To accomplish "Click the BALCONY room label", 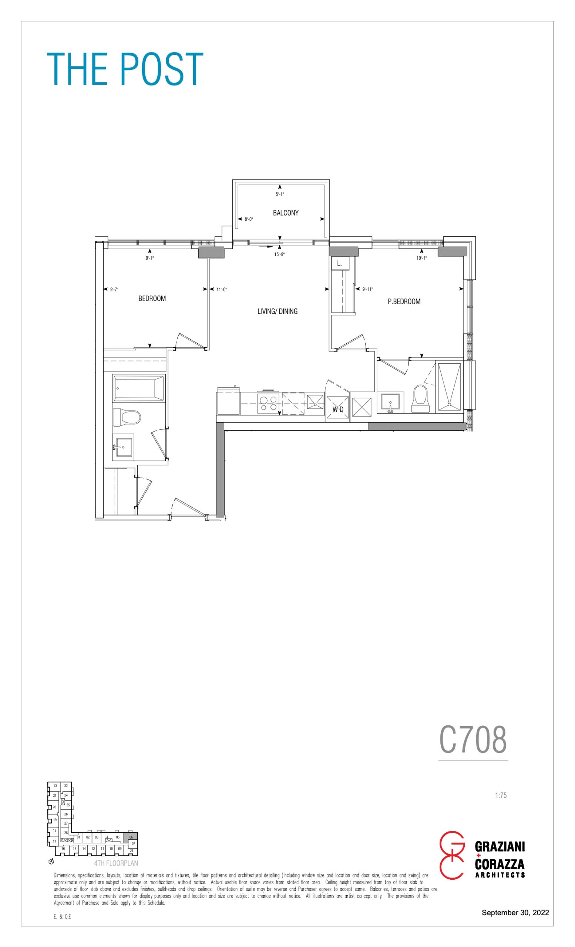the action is (x=286, y=213).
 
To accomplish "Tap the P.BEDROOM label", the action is (x=404, y=302).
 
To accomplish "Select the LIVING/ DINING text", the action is (x=278, y=311).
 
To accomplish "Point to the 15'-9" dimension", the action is (x=279, y=255).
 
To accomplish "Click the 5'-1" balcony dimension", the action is (x=280, y=195).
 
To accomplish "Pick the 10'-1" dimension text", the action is (x=422, y=258).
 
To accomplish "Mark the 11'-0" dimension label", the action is (x=221, y=289).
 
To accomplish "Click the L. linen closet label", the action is (x=339, y=264).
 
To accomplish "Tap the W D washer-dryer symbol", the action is (x=338, y=410).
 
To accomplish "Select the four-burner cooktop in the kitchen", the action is (x=268, y=403).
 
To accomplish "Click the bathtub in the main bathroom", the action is (x=138, y=388).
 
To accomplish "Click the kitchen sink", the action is (x=315, y=402).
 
